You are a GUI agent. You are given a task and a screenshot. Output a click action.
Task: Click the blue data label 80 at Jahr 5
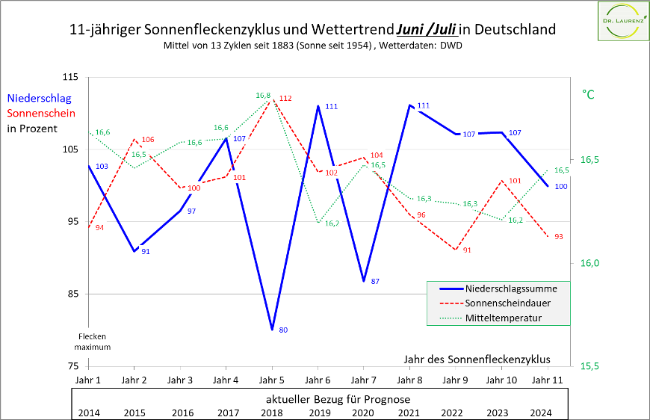coord(283,330)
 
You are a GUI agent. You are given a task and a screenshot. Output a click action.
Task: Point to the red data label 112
coord(285,99)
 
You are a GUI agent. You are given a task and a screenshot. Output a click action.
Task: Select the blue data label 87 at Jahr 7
coord(375,281)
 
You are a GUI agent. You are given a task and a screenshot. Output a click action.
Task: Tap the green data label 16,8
coord(263,96)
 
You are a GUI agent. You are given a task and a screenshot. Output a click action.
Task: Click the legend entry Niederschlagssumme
coord(510,288)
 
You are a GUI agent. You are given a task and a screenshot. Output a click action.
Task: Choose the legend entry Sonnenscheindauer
coord(508,303)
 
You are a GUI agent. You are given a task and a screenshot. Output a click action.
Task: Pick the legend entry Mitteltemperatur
coord(502,318)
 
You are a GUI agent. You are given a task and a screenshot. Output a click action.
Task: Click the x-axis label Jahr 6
coord(318,380)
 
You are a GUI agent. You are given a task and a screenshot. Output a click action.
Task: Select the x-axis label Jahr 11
coord(548,380)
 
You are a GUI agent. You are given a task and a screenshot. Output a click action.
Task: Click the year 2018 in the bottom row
coord(271,413)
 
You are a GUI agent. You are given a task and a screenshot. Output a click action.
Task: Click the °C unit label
coord(588,95)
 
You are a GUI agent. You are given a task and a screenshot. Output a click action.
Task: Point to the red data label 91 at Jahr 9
coord(467,250)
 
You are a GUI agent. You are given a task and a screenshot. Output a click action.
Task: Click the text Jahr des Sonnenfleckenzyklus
coord(476,359)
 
